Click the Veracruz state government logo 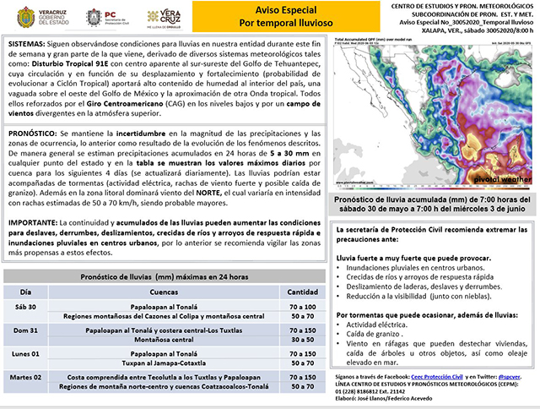tap(31, 17)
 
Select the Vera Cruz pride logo tap(161, 17)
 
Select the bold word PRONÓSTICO tap(32, 134)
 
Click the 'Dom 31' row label tap(28, 331)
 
